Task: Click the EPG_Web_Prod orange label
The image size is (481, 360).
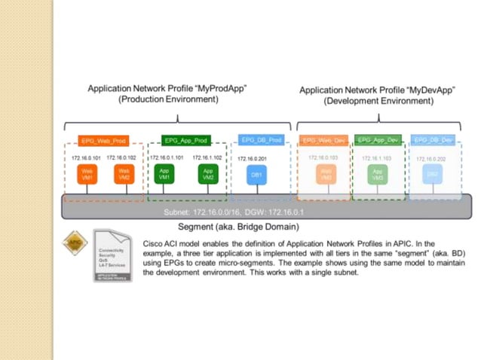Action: coord(103,141)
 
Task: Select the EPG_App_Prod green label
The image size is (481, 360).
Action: coord(185,141)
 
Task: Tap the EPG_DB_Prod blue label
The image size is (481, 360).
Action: coord(259,140)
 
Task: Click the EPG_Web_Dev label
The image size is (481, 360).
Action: coord(323,140)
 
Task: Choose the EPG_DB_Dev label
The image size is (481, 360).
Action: coord(433,140)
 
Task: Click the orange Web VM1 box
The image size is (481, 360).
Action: coord(87,175)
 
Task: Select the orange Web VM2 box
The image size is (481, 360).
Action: coord(123,175)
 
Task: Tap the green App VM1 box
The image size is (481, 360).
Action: coord(164,175)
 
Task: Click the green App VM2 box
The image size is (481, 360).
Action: coord(207,175)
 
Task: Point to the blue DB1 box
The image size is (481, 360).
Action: coord(254,175)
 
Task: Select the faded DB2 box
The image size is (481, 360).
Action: coord(433,175)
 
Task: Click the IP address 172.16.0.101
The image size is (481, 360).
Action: coord(86,157)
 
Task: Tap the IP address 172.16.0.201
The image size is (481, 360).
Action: coord(253,159)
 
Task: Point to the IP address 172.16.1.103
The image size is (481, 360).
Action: coord(377,159)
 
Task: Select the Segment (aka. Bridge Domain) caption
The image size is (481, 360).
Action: coord(238,226)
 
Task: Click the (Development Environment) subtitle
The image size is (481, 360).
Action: coord(369,100)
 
